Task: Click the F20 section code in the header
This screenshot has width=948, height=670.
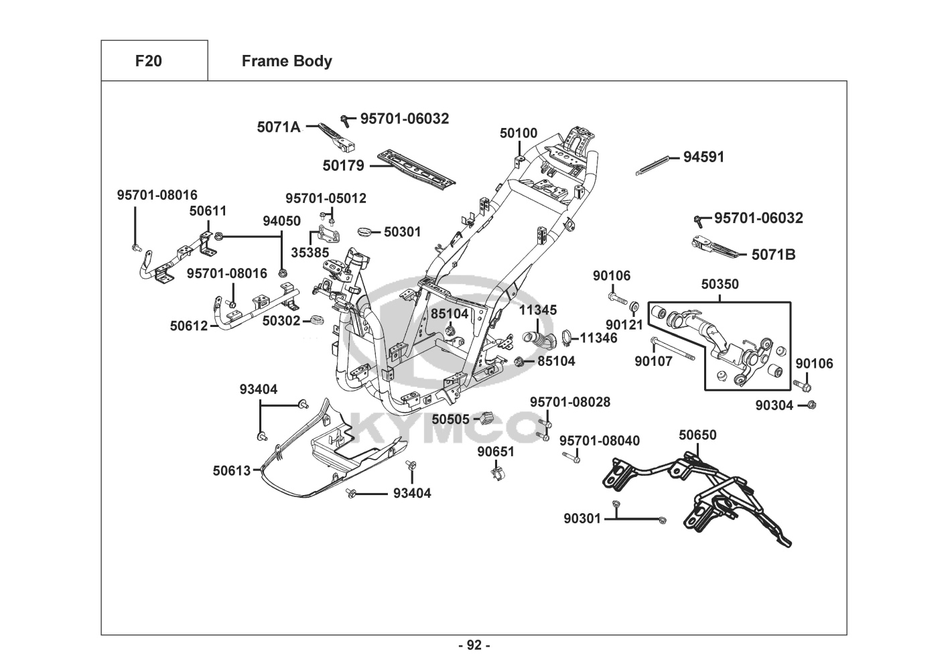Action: pos(148,61)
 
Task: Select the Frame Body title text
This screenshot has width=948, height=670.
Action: pos(287,61)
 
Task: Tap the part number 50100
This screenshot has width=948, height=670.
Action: pos(518,133)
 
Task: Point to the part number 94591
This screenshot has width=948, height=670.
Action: pos(703,157)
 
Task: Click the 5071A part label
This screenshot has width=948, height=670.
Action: pos(279,127)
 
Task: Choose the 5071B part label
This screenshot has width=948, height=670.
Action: pos(773,255)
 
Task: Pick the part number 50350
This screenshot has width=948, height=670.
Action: pos(720,284)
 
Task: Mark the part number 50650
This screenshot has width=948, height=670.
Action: pos(697,435)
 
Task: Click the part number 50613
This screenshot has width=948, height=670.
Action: pos(232,470)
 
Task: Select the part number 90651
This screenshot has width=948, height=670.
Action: pos(496,452)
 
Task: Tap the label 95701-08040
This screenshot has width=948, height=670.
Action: pos(599,440)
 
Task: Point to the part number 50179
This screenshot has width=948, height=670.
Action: pos(343,165)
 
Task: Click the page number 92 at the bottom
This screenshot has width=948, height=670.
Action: pos(474,645)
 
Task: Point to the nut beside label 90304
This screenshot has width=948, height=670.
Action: pos(811,405)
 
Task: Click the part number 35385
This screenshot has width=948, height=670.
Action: pos(310,253)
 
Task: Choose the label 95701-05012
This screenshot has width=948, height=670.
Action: pos(326,198)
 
